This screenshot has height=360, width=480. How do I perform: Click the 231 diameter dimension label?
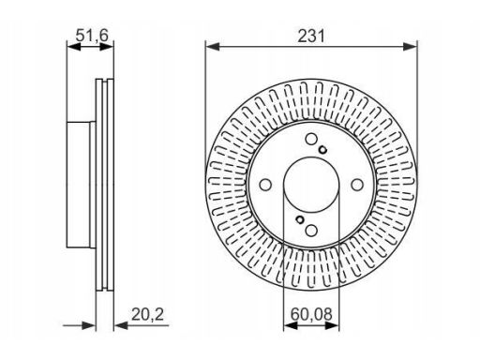pos(311,36)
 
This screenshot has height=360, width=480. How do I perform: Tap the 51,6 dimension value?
pos(92,35)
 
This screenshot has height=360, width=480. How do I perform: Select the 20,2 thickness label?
pos(147,314)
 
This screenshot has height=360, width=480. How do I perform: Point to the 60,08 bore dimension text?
pos(311,314)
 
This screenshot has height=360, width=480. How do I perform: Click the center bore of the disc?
pos(311,185)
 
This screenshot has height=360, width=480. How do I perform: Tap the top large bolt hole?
pos(311,139)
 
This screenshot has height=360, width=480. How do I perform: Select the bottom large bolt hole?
pos(311,231)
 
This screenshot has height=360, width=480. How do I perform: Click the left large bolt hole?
pos(265,185)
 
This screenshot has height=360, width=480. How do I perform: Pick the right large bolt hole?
pos(357,185)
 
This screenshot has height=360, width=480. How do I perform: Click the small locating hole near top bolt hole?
pos(322,150)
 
